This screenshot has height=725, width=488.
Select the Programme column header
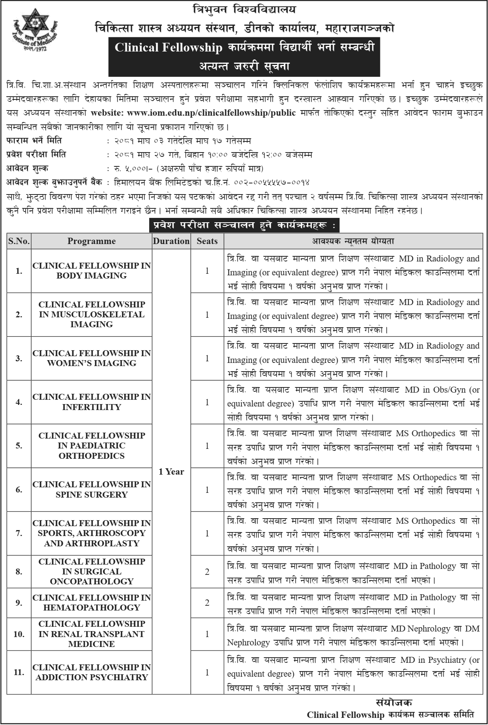pos(91,241)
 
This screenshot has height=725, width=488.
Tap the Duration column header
pos(171,241)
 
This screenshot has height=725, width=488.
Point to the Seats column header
pos(207,241)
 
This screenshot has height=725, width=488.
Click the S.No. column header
pos(19,241)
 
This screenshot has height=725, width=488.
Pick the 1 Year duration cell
pos(171,471)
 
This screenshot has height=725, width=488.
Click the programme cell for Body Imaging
pos(91,271)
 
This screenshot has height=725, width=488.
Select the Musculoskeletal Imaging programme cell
pos(91,315)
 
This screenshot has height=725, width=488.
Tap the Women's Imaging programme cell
pos(91,358)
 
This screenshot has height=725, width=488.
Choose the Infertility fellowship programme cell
pos(91,402)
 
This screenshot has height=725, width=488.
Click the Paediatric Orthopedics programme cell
pos(91,446)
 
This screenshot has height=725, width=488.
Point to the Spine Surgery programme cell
pos(91,490)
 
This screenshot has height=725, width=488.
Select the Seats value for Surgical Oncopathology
pos(207,572)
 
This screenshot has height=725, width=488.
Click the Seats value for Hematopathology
pos(207,603)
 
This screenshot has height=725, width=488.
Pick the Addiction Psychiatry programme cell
pos(91,672)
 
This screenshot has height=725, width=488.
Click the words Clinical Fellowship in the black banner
pos(169,48)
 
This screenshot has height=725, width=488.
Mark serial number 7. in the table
pos(19,533)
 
